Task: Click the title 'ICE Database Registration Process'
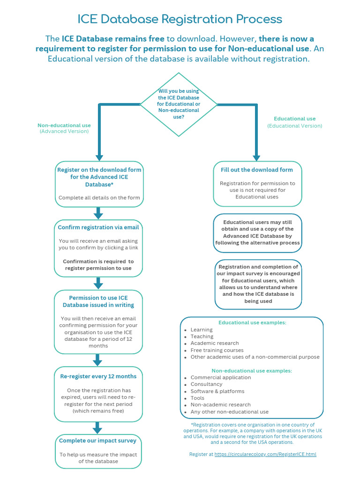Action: click(x=180, y=19)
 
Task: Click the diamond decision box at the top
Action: click(x=179, y=104)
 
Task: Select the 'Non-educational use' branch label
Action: click(x=64, y=125)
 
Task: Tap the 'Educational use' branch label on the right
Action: click(x=294, y=119)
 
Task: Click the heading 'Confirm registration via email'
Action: click(x=98, y=227)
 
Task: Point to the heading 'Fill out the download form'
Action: click(x=257, y=170)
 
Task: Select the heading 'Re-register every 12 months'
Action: click(x=98, y=376)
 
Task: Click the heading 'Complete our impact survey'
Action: click(x=98, y=441)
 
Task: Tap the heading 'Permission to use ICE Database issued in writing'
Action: click(x=98, y=301)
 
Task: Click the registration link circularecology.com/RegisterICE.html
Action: click(x=265, y=454)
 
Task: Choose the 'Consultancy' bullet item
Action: click(x=206, y=384)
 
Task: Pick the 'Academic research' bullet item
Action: click(x=214, y=343)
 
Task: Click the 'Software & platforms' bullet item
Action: click(x=217, y=391)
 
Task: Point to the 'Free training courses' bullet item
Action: click(x=217, y=350)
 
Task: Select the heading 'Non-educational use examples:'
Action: click(x=252, y=370)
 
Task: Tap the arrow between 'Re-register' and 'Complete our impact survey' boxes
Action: click(x=97, y=427)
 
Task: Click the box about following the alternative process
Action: click(x=257, y=232)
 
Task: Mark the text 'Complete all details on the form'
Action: click(x=99, y=198)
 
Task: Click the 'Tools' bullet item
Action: click(x=197, y=398)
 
